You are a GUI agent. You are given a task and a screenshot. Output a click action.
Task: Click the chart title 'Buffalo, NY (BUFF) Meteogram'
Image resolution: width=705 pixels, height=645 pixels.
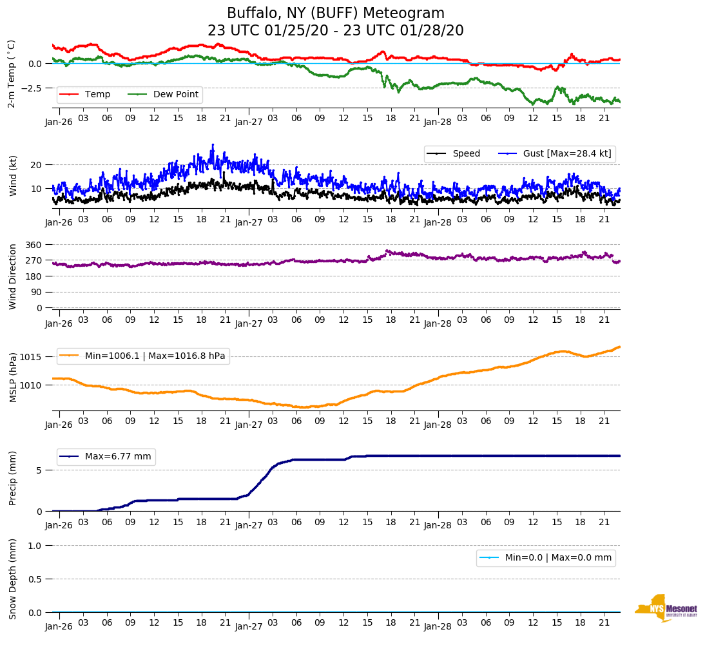(x=335, y=14)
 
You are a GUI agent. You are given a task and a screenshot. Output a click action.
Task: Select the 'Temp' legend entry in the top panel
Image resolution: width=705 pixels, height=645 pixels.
(x=97, y=95)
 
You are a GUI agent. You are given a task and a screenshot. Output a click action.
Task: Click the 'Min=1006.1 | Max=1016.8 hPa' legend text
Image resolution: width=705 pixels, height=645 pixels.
(x=155, y=356)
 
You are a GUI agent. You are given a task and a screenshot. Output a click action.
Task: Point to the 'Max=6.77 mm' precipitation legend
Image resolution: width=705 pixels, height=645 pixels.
(x=118, y=457)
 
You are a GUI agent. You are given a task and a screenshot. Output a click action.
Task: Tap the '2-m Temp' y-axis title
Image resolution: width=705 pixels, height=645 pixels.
(x=12, y=73)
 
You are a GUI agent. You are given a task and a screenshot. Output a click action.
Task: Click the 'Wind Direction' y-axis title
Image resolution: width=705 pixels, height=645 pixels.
(x=12, y=276)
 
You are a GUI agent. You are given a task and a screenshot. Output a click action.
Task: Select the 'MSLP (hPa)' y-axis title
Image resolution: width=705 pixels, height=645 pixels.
(x=12, y=378)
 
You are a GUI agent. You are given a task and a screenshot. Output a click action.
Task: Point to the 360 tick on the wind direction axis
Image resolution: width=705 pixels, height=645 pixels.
(x=34, y=245)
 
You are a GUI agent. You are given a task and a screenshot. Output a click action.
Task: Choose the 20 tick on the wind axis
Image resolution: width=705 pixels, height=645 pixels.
(x=37, y=165)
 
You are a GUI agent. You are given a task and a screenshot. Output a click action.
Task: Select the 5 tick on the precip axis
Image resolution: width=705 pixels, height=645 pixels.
(x=39, y=470)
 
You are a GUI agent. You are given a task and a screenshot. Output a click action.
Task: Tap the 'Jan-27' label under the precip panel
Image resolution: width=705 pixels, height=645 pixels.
(x=248, y=525)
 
